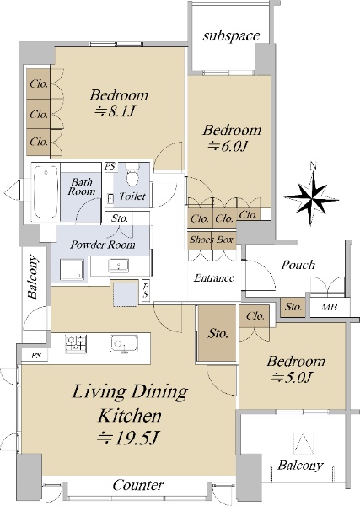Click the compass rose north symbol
point(311,197)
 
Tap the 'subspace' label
point(231,35)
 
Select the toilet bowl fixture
point(132,175)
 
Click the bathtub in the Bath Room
point(46,191)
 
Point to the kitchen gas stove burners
point(76,344)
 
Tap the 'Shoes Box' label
point(212,240)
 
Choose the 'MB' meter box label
point(329,307)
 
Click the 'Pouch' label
point(298,265)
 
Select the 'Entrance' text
point(214,277)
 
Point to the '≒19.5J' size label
point(128,438)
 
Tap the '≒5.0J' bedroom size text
point(292,377)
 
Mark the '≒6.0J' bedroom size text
point(228,147)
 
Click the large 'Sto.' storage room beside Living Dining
point(218,333)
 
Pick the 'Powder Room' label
point(103,245)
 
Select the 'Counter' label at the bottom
point(137,485)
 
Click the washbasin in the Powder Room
point(119,266)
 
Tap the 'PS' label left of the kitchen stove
point(36,356)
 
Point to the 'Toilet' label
point(132,196)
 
